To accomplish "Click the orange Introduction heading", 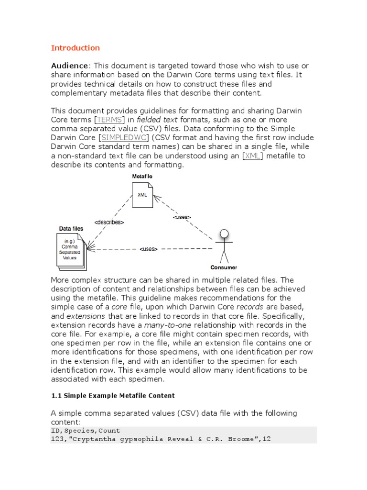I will click(x=76, y=48).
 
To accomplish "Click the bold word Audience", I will click(x=70, y=66).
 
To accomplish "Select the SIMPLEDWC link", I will click(x=122, y=138).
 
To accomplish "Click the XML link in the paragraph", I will click(x=252, y=156).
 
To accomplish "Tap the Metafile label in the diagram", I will click(x=143, y=177).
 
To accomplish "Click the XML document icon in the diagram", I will click(x=143, y=195).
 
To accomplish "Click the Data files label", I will click(x=71, y=229).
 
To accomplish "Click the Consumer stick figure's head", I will click(x=224, y=234).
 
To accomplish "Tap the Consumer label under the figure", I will click(x=224, y=267).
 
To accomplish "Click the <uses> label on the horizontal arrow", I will click(x=149, y=249).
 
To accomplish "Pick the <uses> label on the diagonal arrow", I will click(x=182, y=217).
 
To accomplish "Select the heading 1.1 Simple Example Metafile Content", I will click(x=113, y=396).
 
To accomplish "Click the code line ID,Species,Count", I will click(x=86, y=431).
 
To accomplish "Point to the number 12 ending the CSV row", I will click(x=267, y=439).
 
